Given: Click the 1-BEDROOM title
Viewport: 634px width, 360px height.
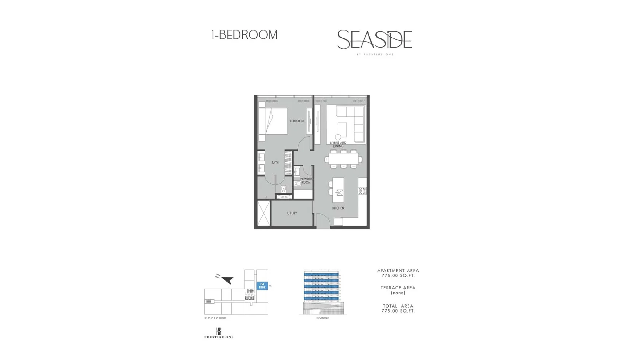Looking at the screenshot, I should [x=244, y=35].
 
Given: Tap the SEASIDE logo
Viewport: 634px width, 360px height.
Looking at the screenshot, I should [x=375, y=40].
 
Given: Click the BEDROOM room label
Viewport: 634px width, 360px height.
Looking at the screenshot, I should [x=297, y=121].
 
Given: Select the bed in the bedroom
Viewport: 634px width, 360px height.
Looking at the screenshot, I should [x=273, y=121].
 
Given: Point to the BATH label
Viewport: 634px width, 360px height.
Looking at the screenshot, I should [x=275, y=162].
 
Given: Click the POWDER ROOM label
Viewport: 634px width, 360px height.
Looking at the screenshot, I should [x=306, y=181].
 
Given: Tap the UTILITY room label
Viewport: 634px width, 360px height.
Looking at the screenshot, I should [x=292, y=213].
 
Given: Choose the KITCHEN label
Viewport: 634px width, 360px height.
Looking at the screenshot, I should [x=338, y=208].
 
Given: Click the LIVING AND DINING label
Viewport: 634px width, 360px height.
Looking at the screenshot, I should [x=338, y=144].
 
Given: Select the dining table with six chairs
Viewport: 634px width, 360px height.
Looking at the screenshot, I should [x=343, y=159].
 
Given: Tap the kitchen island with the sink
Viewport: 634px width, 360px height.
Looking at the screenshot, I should [x=338, y=190].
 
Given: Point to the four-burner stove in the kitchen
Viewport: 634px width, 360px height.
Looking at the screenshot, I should [x=362, y=191].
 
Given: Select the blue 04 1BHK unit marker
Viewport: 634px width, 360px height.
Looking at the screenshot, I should [x=262, y=286].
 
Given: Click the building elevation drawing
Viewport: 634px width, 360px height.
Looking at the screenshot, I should [x=323, y=292].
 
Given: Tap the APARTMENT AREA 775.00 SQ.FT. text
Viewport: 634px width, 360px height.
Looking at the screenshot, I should [x=398, y=273].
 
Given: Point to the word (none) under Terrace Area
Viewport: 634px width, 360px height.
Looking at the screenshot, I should [x=398, y=293].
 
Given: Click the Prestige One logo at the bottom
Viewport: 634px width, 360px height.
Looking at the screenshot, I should [x=219, y=333].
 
